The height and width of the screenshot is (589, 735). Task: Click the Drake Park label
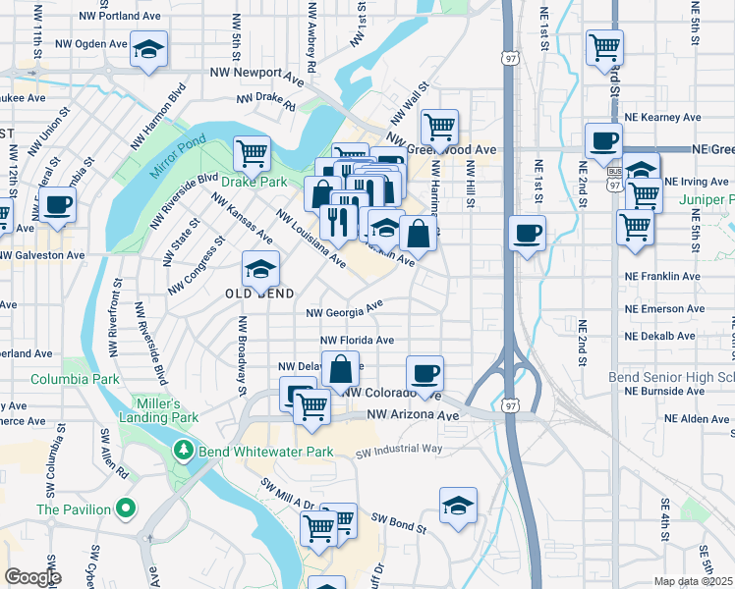point(254,182)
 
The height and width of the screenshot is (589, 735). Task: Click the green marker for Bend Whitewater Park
point(182,451)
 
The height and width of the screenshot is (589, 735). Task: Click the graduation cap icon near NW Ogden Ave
point(148,49)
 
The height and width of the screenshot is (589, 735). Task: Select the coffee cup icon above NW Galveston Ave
point(58,205)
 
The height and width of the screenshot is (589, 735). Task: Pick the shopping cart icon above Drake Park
point(252,153)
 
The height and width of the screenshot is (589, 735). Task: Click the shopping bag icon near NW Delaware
point(340,371)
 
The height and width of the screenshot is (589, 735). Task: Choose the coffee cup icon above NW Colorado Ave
point(424,373)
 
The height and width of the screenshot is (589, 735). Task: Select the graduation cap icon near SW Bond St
point(458,506)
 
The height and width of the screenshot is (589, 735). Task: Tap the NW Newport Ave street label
point(256,74)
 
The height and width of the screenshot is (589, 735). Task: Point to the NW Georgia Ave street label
point(344,310)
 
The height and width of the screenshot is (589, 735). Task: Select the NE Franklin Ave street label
point(662,277)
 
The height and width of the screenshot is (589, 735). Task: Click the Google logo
point(32,577)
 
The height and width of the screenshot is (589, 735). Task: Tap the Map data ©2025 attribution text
point(694,581)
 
